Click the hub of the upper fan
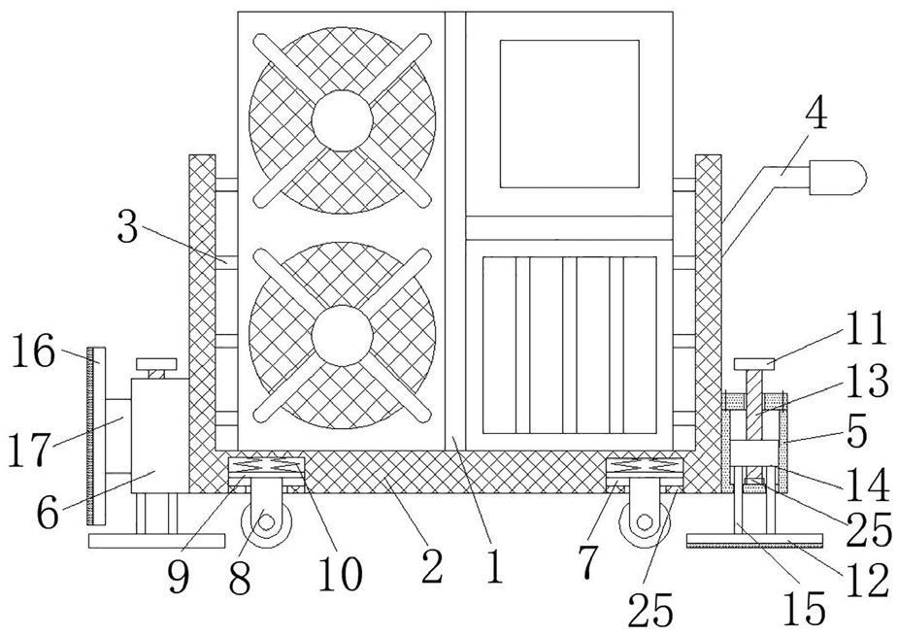coord(341,119)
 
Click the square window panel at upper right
coord(569,113)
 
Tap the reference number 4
coord(816,117)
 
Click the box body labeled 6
coord(156,435)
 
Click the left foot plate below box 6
coord(130,541)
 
